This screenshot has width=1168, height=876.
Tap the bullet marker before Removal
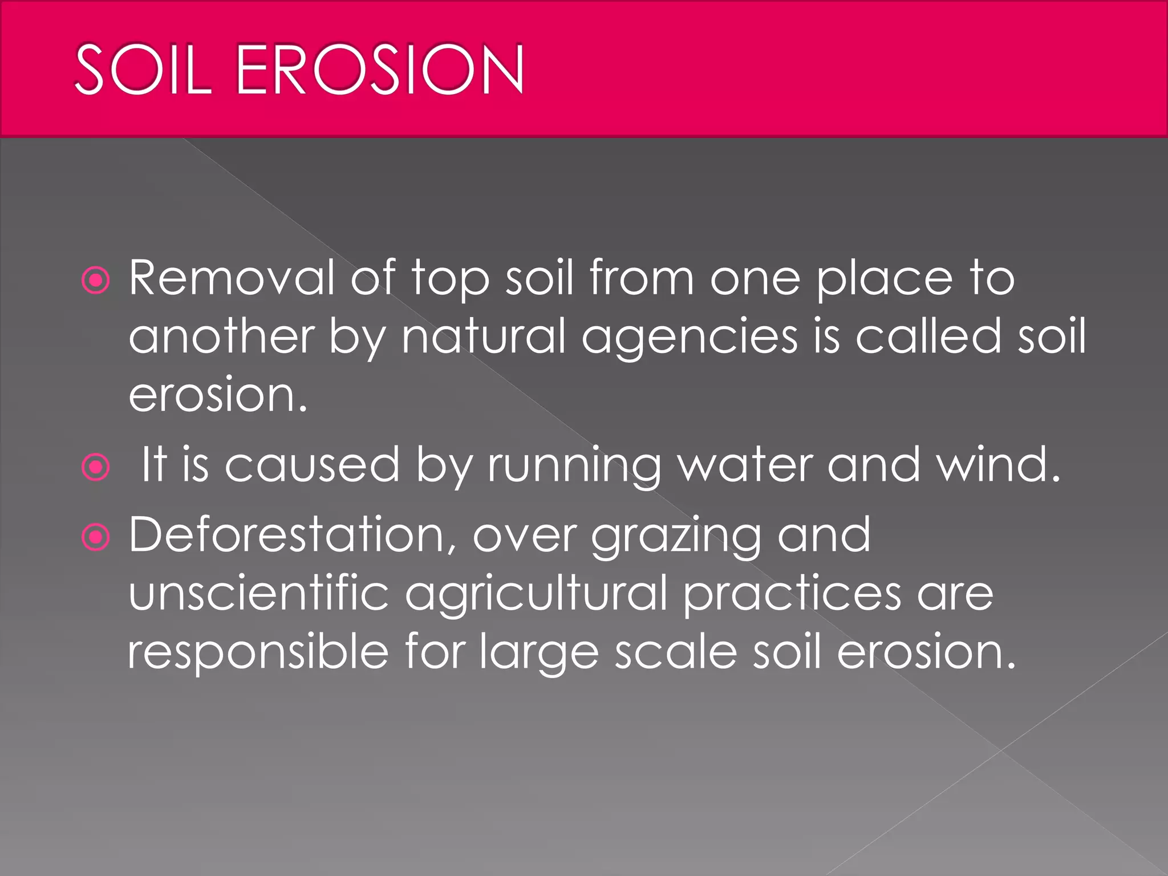point(95,281)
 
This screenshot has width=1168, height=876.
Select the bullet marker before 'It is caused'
point(95,468)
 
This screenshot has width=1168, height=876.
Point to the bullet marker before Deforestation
point(95,537)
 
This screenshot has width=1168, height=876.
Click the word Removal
point(232,278)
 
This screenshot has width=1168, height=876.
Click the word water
point(744,465)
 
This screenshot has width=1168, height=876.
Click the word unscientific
point(259,593)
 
